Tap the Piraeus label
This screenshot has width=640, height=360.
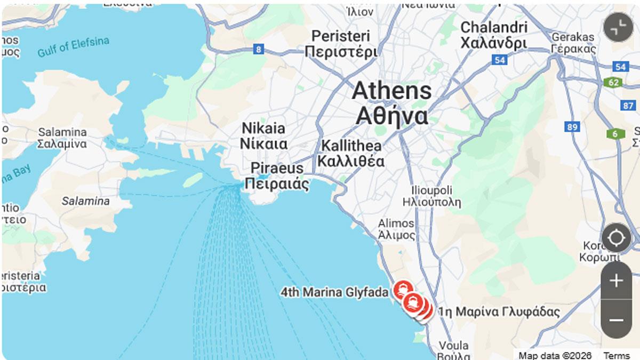coord(277,176)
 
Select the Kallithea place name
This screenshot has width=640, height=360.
coord(351,153)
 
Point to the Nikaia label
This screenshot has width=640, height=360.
coord(263,135)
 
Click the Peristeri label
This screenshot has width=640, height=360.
coord(341,44)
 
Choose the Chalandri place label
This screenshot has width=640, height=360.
coord(494,35)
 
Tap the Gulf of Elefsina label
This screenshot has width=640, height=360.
coord(73,47)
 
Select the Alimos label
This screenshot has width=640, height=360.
coord(396,229)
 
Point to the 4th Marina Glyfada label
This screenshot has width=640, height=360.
coord(335,292)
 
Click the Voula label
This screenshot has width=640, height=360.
coord(453,350)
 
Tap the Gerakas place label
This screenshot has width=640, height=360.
coord(573,43)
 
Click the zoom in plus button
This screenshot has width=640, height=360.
coord(616,281)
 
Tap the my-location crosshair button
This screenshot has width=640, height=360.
coord(616,238)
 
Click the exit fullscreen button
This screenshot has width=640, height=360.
coord(618,27)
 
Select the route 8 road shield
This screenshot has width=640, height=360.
coord(259,50)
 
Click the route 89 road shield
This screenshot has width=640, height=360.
coord(573,127)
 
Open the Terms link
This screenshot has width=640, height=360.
coord(616,356)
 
